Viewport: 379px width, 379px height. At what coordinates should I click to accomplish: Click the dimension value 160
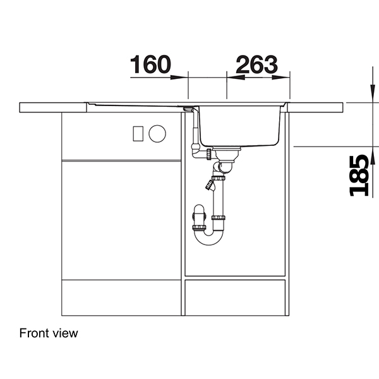(150, 64)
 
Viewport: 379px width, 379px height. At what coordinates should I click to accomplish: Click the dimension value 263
(256, 64)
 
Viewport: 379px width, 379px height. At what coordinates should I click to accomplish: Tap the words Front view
(49, 333)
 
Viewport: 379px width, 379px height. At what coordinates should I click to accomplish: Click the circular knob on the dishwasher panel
(157, 133)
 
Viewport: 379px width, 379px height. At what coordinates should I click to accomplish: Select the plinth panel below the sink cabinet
(235, 297)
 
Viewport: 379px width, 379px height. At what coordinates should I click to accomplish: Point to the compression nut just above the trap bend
(219, 218)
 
